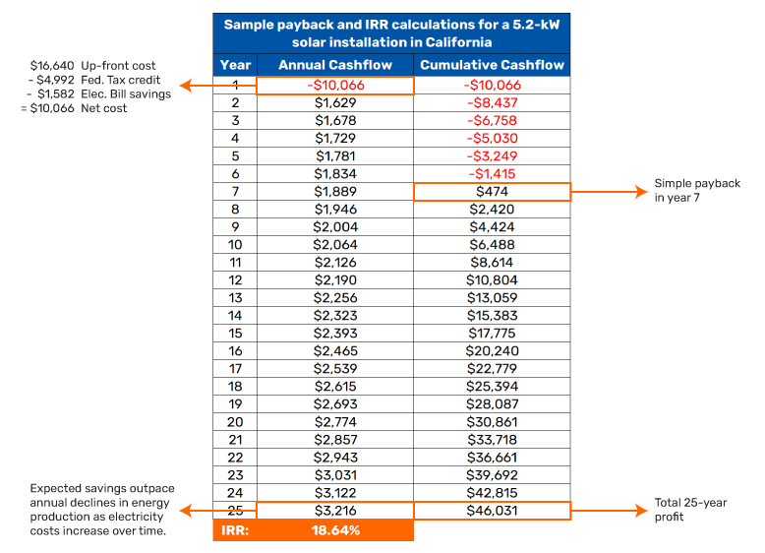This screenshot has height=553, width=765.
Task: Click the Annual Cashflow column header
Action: pyautogui.click(x=334, y=65)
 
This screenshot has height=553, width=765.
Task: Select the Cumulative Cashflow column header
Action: pyautogui.click(x=492, y=65)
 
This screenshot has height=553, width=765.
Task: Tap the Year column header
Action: pyautogui.click(x=235, y=65)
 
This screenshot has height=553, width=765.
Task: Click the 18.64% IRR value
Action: pyautogui.click(x=334, y=530)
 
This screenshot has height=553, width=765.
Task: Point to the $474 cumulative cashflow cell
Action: pyautogui.click(x=492, y=192)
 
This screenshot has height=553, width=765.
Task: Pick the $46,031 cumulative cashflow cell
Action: pyautogui.click(x=492, y=511)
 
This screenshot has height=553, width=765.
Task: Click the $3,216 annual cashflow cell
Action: pyautogui.click(x=334, y=511)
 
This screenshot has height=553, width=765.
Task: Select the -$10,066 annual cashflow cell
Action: pyautogui.click(x=334, y=86)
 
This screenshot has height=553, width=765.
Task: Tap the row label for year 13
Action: pyautogui.click(x=235, y=298)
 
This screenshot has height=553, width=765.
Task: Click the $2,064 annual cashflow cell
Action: pyautogui.click(x=334, y=245)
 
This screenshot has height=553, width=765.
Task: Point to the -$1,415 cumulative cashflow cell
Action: pyautogui.click(x=492, y=174)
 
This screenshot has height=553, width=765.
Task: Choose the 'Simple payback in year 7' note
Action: pyautogui.click(x=697, y=191)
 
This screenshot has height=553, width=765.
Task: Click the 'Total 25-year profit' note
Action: pyautogui.click(x=690, y=510)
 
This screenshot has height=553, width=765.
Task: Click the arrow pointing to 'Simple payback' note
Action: pyautogui.click(x=609, y=192)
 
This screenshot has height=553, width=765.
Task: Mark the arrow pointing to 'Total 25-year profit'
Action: pyautogui.click(x=609, y=511)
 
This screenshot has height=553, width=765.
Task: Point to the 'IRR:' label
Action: pyautogui.click(x=235, y=530)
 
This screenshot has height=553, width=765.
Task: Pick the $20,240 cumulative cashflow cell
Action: pyautogui.click(x=492, y=351)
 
